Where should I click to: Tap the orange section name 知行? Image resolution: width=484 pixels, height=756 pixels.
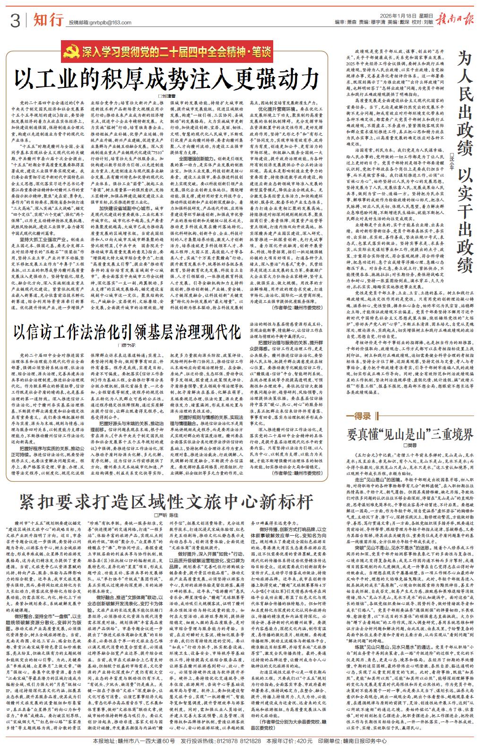[x=48, y=20]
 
